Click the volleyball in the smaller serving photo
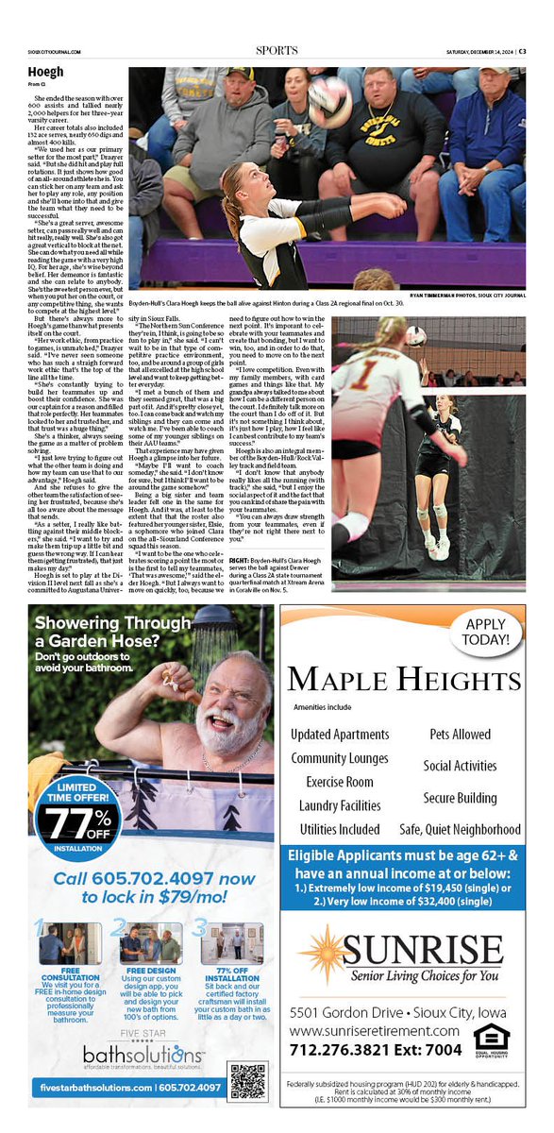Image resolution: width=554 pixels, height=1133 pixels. tap(415, 336)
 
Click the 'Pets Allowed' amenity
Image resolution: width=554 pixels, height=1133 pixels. tap(460, 734)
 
